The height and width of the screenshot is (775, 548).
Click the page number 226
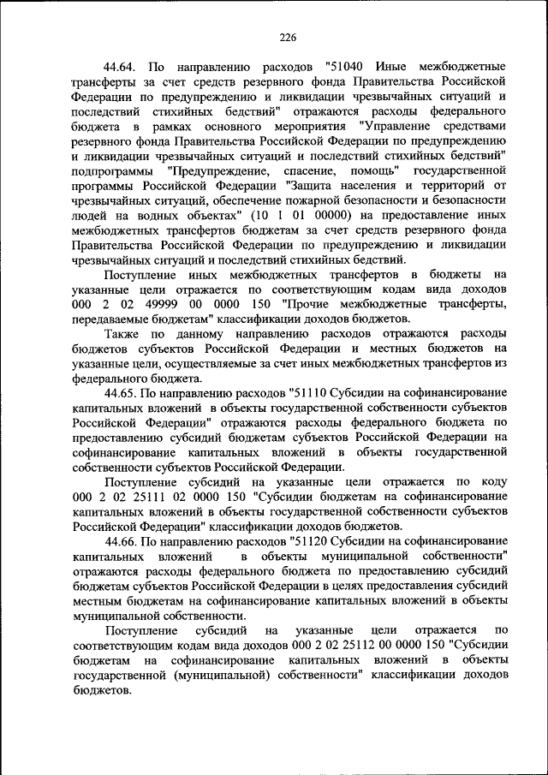[x=287, y=38]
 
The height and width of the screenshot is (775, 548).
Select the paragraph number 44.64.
[x=122, y=66]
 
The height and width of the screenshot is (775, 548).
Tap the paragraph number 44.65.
[x=122, y=392]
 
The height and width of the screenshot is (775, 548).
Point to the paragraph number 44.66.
[x=122, y=542]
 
